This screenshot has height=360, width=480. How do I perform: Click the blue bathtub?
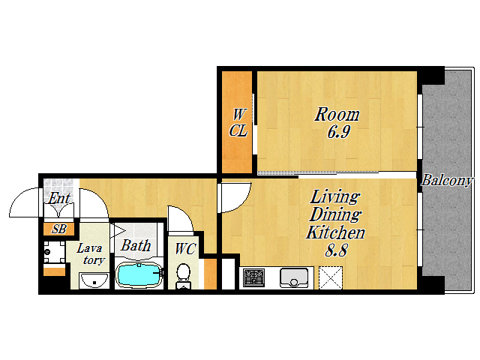pyautogui.click(x=139, y=274)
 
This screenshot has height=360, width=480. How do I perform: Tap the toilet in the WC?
pyautogui.click(x=183, y=276)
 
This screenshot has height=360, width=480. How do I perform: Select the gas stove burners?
pyautogui.click(x=253, y=277)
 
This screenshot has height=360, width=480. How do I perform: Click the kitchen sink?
pyautogui.click(x=293, y=277)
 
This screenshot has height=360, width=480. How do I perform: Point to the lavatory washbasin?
pyautogui.click(x=94, y=280)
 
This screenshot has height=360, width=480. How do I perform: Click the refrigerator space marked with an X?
pyautogui.click(x=330, y=277)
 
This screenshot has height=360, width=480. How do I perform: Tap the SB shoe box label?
pyautogui.click(x=58, y=229)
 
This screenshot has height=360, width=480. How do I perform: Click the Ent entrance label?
pyautogui.click(x=59, y=198)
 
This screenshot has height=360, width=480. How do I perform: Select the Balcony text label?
pyautogui.click(x=447, y=180)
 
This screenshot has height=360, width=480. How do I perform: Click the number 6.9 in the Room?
pyautogui.click(x=338, y=132)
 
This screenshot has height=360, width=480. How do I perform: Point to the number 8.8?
pyautogui.click(x=336, y=250)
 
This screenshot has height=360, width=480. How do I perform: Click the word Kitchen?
pyautogui.click(x=335, y=232)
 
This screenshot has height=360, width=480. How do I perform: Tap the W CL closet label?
pyautogui.click(x=238, y=123)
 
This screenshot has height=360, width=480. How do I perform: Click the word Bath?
pyautogui.click(x=136, y=245)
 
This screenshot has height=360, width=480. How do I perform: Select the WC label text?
pyautogui.click(x=185, y=249)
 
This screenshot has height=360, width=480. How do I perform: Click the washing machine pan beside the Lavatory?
pyautogui.click(x=54, y=252)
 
